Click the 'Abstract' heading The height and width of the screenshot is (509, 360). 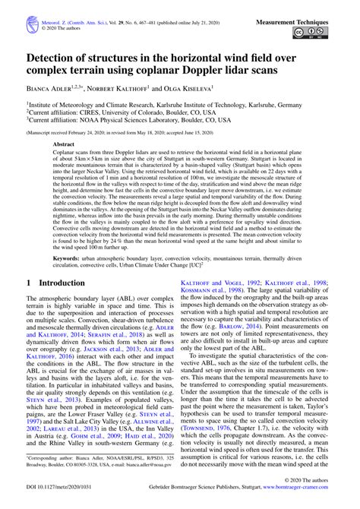(64, 143)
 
